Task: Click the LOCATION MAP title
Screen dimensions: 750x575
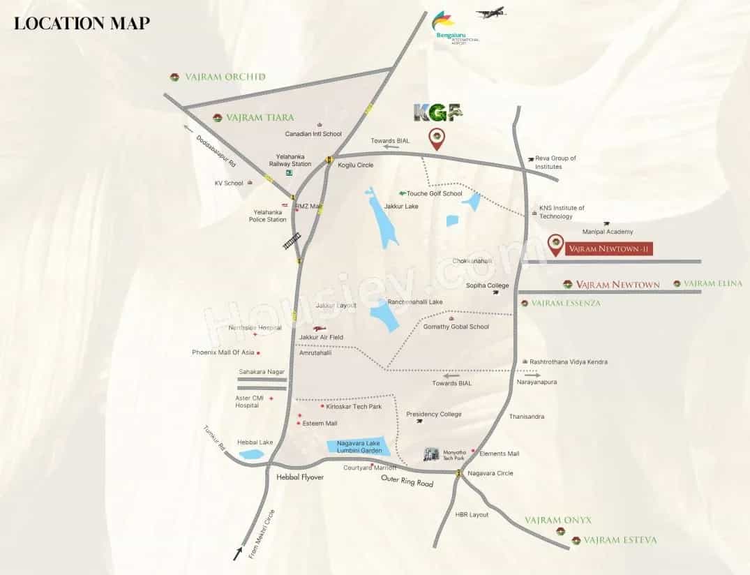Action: (82, 23)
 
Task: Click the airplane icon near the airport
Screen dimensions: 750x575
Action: (490, 13)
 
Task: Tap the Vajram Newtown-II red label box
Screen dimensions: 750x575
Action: (609, 248)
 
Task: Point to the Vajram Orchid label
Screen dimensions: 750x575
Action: (225, 77)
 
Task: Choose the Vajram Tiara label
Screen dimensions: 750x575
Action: (260, 117)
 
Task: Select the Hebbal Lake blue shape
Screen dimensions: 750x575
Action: (251, 454)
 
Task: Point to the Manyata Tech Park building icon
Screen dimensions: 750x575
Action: (433, 454)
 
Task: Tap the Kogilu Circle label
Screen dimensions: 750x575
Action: (356, 165)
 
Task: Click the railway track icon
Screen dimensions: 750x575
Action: (292, 241)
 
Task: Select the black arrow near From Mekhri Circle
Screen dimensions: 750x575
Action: (239, 555)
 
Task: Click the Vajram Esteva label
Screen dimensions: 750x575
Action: (620, 540)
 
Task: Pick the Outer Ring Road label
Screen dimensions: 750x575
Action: (407, 481)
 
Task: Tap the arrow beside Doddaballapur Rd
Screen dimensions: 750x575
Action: (188, 128)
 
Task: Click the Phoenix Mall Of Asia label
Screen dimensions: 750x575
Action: (223, 352)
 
